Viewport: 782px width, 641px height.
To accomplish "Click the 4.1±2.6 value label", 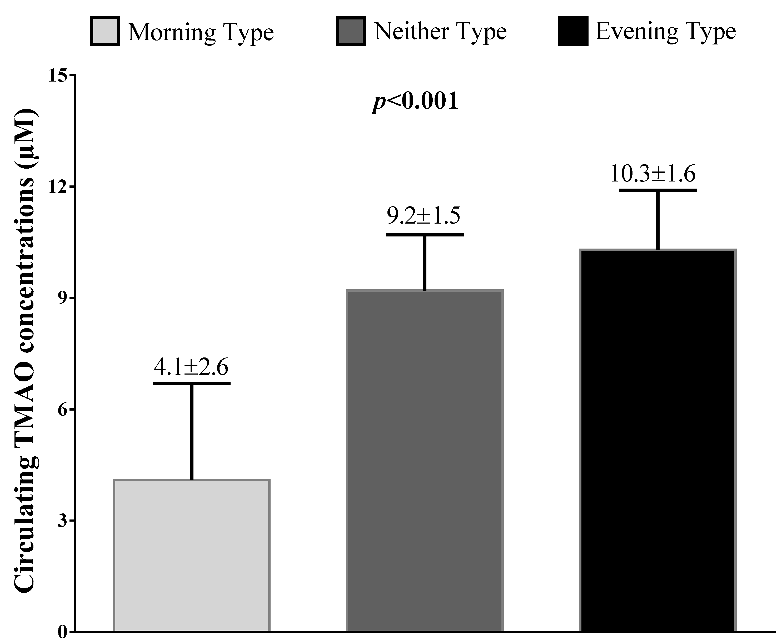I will pyautogui.click(x=191, y=367).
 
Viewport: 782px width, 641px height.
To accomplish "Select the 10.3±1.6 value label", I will pyautogui.click(x=653, y=174).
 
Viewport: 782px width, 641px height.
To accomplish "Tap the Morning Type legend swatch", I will pyautogui.click(x=105, y=31).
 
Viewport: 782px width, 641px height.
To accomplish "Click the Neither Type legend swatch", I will pyautogui.click(x=351, y=31).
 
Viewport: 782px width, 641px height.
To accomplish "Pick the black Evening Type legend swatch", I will pyautogui.click(x=573, y=31).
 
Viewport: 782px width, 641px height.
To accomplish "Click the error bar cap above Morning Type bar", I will pyautogui.click(x=192, y=383).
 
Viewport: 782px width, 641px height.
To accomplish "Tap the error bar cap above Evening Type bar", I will pyautogui.click(x=658, y=190).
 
